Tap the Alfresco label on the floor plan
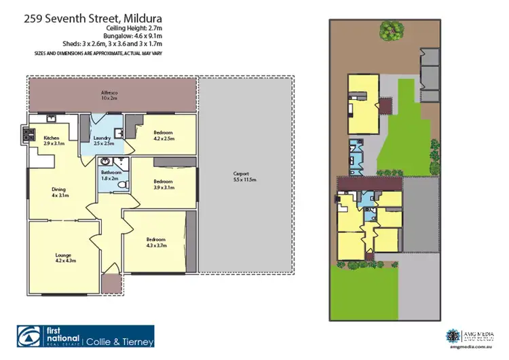click(x=109, y=95)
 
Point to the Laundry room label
click(x=104, y=141)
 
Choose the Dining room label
click(x=61, y=192)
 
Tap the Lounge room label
click(x=65, y=257)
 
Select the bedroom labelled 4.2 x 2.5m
click(x=164, y=134)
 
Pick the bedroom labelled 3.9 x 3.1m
click(x=164, y=184)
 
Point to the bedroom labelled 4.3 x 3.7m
click(x=157, y=242)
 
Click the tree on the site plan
click(x=389, y=29)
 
